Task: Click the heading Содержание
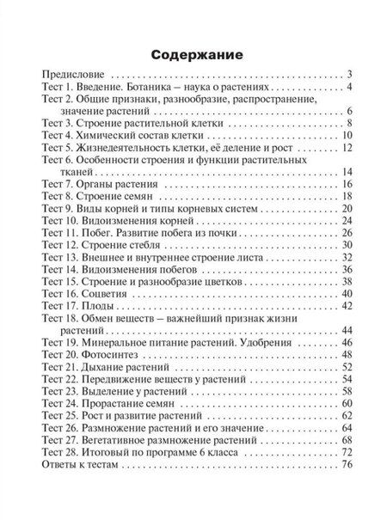(x=193, y=54)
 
